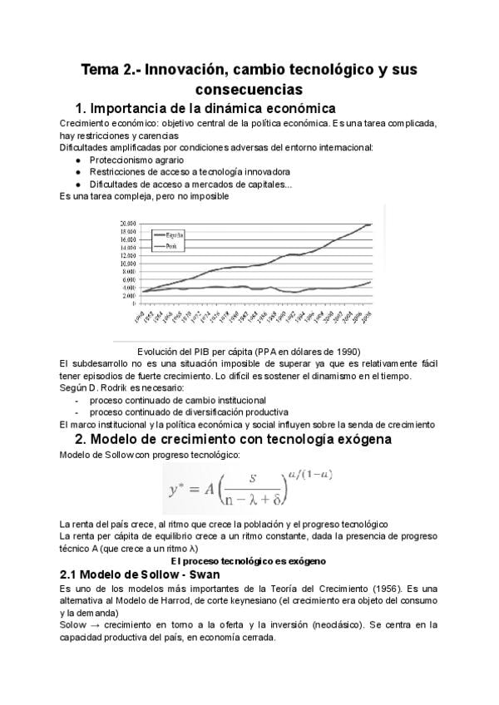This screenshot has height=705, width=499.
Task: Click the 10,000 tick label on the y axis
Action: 127,264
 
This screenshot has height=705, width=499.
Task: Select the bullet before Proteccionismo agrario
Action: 77,160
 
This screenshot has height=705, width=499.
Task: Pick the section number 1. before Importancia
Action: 82,109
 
